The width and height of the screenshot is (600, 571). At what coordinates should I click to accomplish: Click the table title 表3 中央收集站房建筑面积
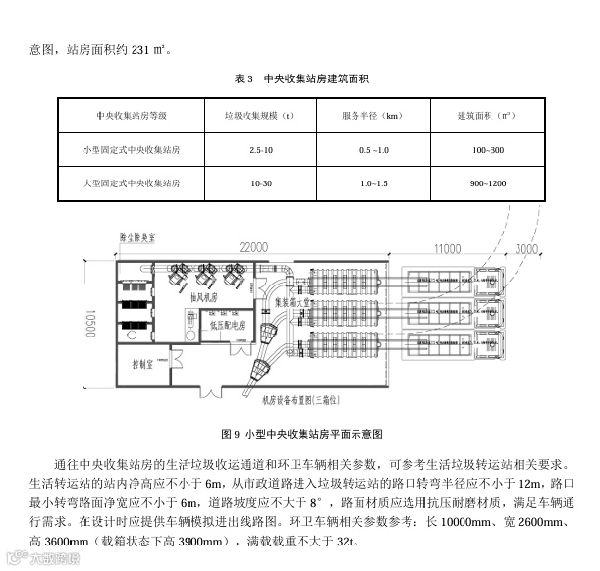pyautogui.click(x=300, y=78)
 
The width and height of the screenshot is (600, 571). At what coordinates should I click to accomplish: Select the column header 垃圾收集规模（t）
pyautogui.click(x=260, y=116)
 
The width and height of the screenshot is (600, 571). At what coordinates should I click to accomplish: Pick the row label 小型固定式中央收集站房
pyautogui.click(x=132, y=150)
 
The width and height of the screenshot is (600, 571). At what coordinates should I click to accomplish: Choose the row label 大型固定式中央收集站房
pyautogui.click(x=132, y=183)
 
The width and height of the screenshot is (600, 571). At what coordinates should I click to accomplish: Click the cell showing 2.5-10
pyautogui.click(x=261, y=150)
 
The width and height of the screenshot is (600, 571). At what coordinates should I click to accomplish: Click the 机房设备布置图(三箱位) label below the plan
pyautogui.click(x=301, y=399)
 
